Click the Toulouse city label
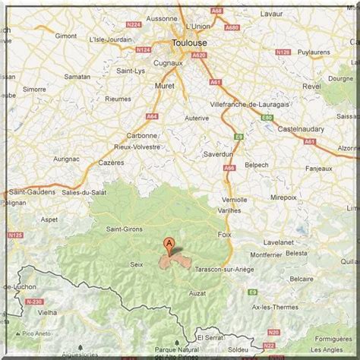click(190, 43)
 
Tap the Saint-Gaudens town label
click(31, 192)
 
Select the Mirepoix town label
click(284, 196)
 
